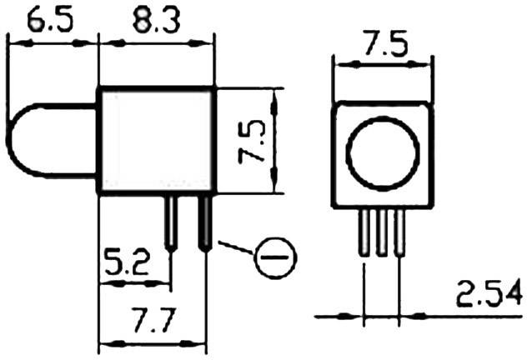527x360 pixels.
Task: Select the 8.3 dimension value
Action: pyautogui.click(x=155, y=17)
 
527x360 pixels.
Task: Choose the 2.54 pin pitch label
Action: pyautogui.click(x=489, y=293)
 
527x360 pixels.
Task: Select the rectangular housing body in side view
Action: pyautogui.click(x=156, y=139)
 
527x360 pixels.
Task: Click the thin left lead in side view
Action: pyautogui.click(x=171, y=221)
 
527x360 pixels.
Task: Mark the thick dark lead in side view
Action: pyautogui.click(x=203, y=221)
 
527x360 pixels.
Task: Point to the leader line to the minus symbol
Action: pyautogui.click(x=235, y=248)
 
